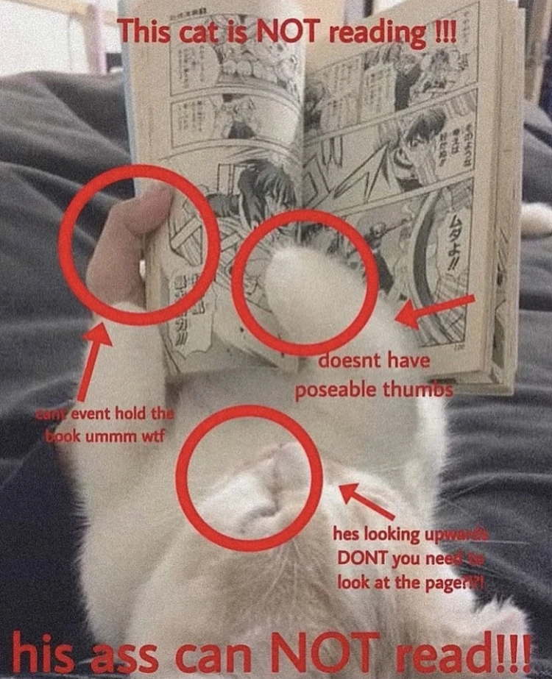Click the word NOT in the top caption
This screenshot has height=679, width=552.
coord(289,32)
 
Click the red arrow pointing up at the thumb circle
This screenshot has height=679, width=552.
coord(91,360)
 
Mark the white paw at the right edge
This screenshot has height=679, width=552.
coord(537,219)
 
